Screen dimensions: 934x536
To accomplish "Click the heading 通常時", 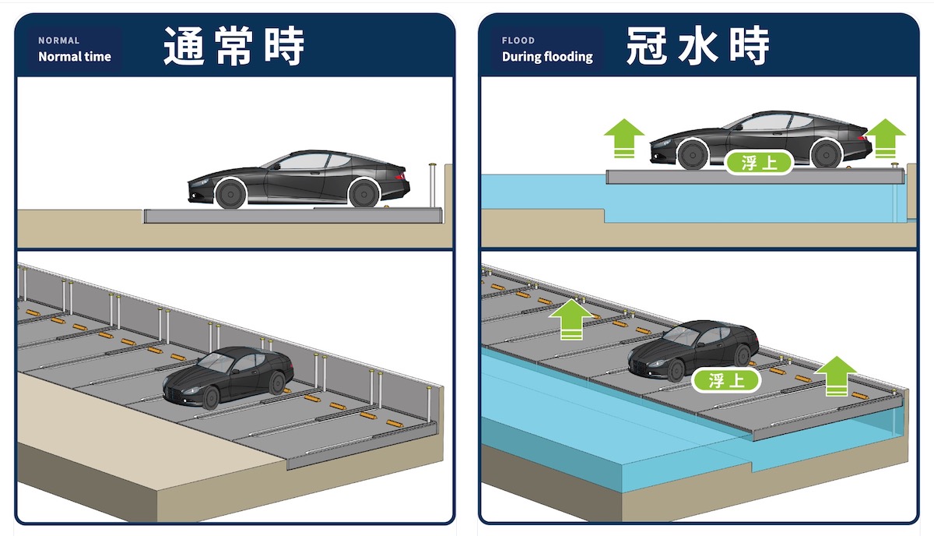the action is [x=234, y=45].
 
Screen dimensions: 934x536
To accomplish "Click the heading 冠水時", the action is [x=698, y=45].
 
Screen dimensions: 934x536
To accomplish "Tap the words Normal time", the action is [x=75, y=57].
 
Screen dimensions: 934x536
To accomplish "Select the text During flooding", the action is [x=547, y=57].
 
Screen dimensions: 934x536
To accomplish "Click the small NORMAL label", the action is [x=59, y=41].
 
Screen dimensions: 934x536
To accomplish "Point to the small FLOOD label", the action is [x=518, y=41].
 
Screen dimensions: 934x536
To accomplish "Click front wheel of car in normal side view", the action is [x=230, y=194].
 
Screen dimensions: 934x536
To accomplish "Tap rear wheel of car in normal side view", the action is [x=364, y=194].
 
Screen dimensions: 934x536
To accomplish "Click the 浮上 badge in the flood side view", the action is [x=760, y=162].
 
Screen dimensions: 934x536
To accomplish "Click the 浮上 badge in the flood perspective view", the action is [x=726, y=380].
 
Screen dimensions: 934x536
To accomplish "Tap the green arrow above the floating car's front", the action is [x=624, y=138].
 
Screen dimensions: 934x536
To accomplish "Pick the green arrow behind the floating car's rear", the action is [x=885, y=138].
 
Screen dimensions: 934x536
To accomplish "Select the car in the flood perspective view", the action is [x=693, y=351].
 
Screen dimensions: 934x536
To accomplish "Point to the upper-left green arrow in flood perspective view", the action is [x=571, y=319].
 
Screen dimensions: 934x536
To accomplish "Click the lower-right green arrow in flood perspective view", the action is [x=835, y=376].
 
